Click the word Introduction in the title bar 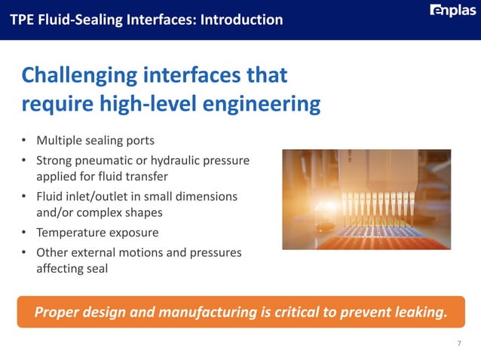pos(242,19)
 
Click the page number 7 pos(459,343)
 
